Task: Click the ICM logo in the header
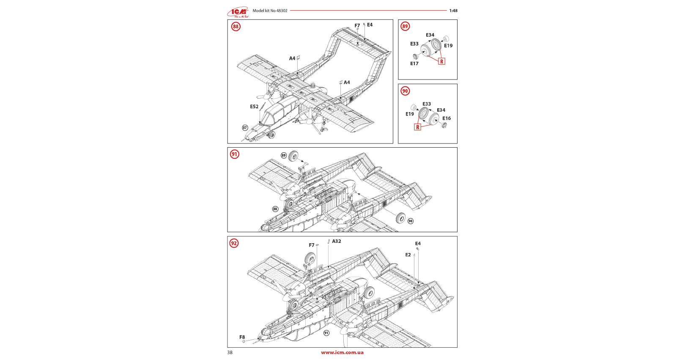click(x=238, y=12)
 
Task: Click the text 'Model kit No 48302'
click(x=270, y=11)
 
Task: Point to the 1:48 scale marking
click(x=453, y=11)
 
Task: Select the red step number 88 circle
click(x=236, y=27)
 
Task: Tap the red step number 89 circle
click(x=405, y=26)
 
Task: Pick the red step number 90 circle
click(x=405, y=91)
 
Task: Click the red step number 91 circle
click(x=235, y=154)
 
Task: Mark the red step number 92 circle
click(x=234, y=243)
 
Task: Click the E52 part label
click(x=254, y=107)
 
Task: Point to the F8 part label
click(x=242, y=337)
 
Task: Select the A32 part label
click(x=337, y=241)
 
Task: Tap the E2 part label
click(x=408, y=255)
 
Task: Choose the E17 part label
click(x=414, y=63)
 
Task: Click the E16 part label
click(x=447, y=118)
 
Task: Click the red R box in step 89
click(x=441, y=61)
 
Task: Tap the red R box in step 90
click(x=418, y=127)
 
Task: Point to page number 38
click(x=230, y=352)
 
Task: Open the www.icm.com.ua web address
click(x=342, y=352)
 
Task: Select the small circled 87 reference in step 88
click(x=245, y=128)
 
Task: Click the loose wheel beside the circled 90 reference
click(x=400, y=218)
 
